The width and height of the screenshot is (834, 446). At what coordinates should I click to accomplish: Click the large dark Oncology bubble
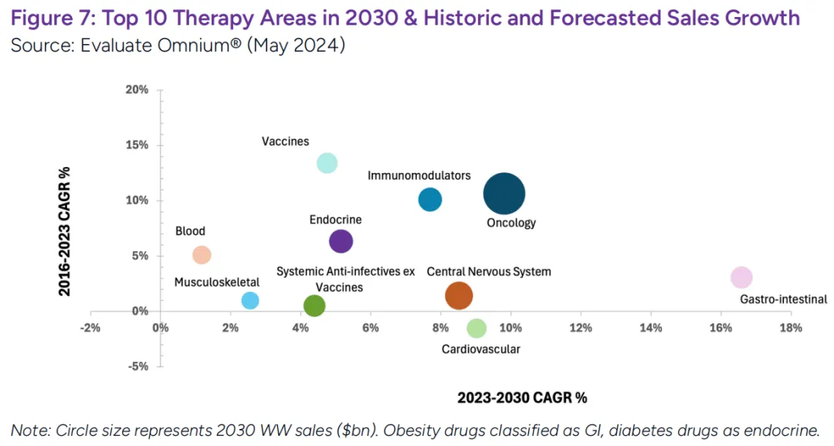click(x=504, y=194)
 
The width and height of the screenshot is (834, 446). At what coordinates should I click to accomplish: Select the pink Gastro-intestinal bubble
click(x=741, y=277)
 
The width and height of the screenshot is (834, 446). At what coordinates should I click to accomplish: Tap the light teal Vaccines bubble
click(x=327, y=163)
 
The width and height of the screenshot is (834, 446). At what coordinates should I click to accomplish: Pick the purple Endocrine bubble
click(x=341, y=241)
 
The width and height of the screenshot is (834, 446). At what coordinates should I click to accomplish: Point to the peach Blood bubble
click(x=202, y=255)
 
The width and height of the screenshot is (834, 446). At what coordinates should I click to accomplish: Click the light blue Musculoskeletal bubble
click(x=250, y=301)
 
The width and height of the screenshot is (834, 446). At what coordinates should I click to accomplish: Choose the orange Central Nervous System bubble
click(x=459, y=295)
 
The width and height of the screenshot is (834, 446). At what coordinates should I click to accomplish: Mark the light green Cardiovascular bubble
click(x=477, y=328)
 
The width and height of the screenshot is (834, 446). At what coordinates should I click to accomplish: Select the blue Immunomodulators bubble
click(x=430, y=199)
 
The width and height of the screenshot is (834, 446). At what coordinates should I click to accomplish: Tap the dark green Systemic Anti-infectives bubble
click(x=314, y=305)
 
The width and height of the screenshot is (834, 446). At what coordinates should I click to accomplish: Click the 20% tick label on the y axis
click(x=137, y=90)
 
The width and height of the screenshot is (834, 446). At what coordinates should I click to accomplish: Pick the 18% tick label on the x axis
click(x=791, y=328)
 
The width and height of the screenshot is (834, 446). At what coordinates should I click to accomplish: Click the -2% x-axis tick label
click(x=90, y=328)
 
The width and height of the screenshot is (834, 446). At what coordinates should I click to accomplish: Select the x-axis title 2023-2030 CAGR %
click(x=522, y=398)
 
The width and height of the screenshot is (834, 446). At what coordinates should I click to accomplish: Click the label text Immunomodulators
click(x=419, y=176)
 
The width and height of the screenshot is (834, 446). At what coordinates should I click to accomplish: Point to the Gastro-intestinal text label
click(x=783, y=299)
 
